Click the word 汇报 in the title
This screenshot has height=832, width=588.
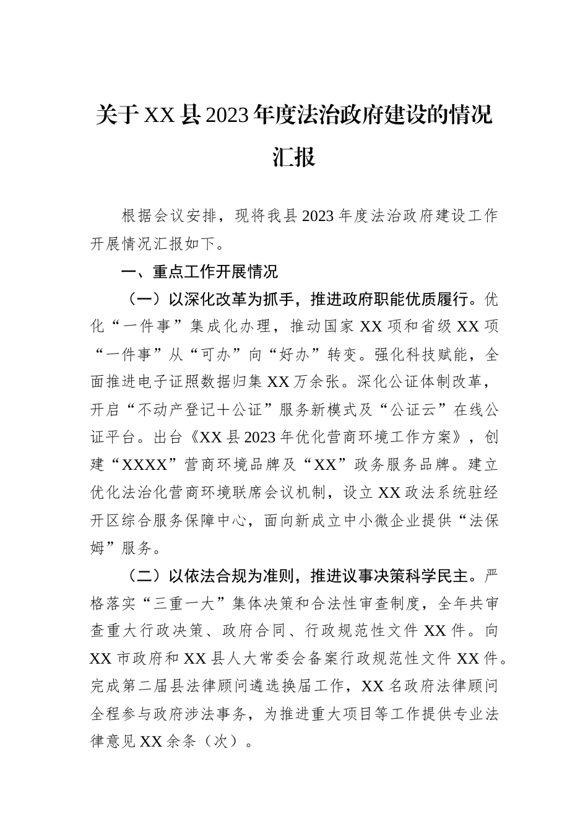click(x=294, y=157)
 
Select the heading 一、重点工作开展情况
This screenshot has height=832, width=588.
click(x=199, y=271)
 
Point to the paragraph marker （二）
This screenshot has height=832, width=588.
click(x=144, y=576)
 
